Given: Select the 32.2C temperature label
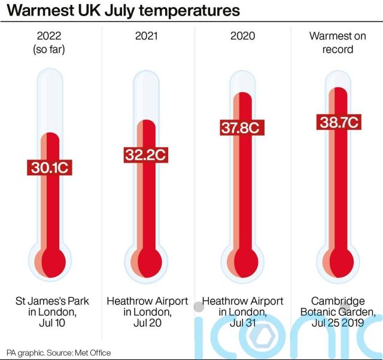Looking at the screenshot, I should point(145,155).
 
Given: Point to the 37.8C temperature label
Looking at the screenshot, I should point(241,127).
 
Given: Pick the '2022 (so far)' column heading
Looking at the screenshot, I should point(49,42).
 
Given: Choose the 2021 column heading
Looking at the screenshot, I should point(145,36).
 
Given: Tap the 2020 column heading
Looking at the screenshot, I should point(241,36).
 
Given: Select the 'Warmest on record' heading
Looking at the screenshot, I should point(338,42).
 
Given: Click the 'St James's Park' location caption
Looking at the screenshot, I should point(49,301).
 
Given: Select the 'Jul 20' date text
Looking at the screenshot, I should point(147,324).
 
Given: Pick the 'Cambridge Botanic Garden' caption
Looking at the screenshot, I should point(338,306).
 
